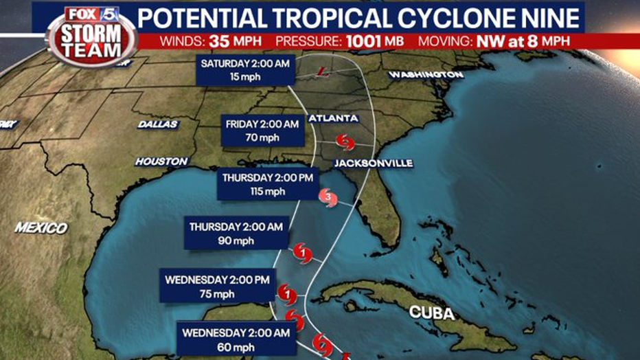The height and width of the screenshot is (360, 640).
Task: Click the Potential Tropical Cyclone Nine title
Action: (x=360, y=17)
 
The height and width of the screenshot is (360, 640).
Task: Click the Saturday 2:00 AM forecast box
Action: (x=245, y=70)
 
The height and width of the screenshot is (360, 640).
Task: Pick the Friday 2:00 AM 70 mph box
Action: (x=263, y=131)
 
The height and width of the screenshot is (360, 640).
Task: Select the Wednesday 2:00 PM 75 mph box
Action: (x=218, y=286)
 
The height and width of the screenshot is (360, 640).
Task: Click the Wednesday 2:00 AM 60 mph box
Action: (x=236, y=339)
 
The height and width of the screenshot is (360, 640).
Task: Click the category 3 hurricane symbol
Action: (x=328, y=199)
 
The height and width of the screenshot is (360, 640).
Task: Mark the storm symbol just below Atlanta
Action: (x=345, y=142)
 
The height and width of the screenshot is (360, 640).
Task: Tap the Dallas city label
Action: (x=158, y=124)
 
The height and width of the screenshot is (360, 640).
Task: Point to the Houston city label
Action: (x=161, y=161)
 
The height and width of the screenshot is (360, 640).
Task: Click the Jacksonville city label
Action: (x=374, y=163)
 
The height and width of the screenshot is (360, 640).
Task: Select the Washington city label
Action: (x=426, y=74)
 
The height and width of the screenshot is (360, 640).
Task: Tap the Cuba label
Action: (x=432, y=313)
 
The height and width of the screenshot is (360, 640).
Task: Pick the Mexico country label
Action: (x=41, y=228)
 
